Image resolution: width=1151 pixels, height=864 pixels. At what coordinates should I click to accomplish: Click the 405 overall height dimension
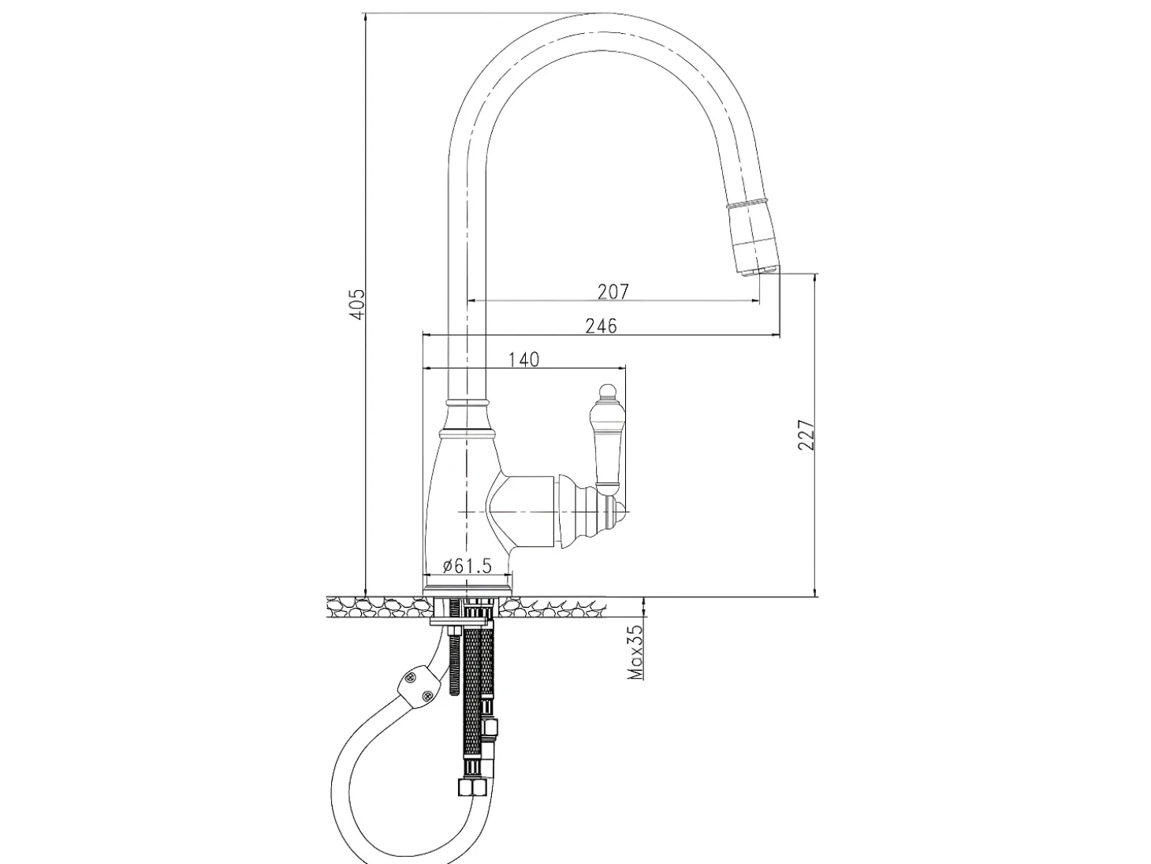357,304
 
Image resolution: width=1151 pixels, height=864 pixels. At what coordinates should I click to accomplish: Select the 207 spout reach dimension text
613,292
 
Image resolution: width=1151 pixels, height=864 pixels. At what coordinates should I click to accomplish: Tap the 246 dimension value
601,326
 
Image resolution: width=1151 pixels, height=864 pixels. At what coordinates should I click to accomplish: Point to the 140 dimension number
523,359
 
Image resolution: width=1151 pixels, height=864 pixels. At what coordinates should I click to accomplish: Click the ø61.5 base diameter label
467,566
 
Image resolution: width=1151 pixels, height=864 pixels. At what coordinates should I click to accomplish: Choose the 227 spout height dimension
806,434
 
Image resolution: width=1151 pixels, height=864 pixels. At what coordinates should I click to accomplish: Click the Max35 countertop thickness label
636,652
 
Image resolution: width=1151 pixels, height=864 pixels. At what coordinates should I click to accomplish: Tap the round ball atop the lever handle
607,391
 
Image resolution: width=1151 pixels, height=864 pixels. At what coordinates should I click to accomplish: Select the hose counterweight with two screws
418,688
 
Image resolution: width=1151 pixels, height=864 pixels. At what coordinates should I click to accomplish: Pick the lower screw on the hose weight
428,696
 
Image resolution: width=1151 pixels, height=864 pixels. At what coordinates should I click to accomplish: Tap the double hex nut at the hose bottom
471,788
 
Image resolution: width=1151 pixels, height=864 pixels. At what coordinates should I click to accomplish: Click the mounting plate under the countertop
461,622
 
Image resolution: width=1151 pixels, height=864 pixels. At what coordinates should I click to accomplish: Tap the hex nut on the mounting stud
454,631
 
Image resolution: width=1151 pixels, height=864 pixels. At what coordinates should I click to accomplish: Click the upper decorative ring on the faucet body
467,403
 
